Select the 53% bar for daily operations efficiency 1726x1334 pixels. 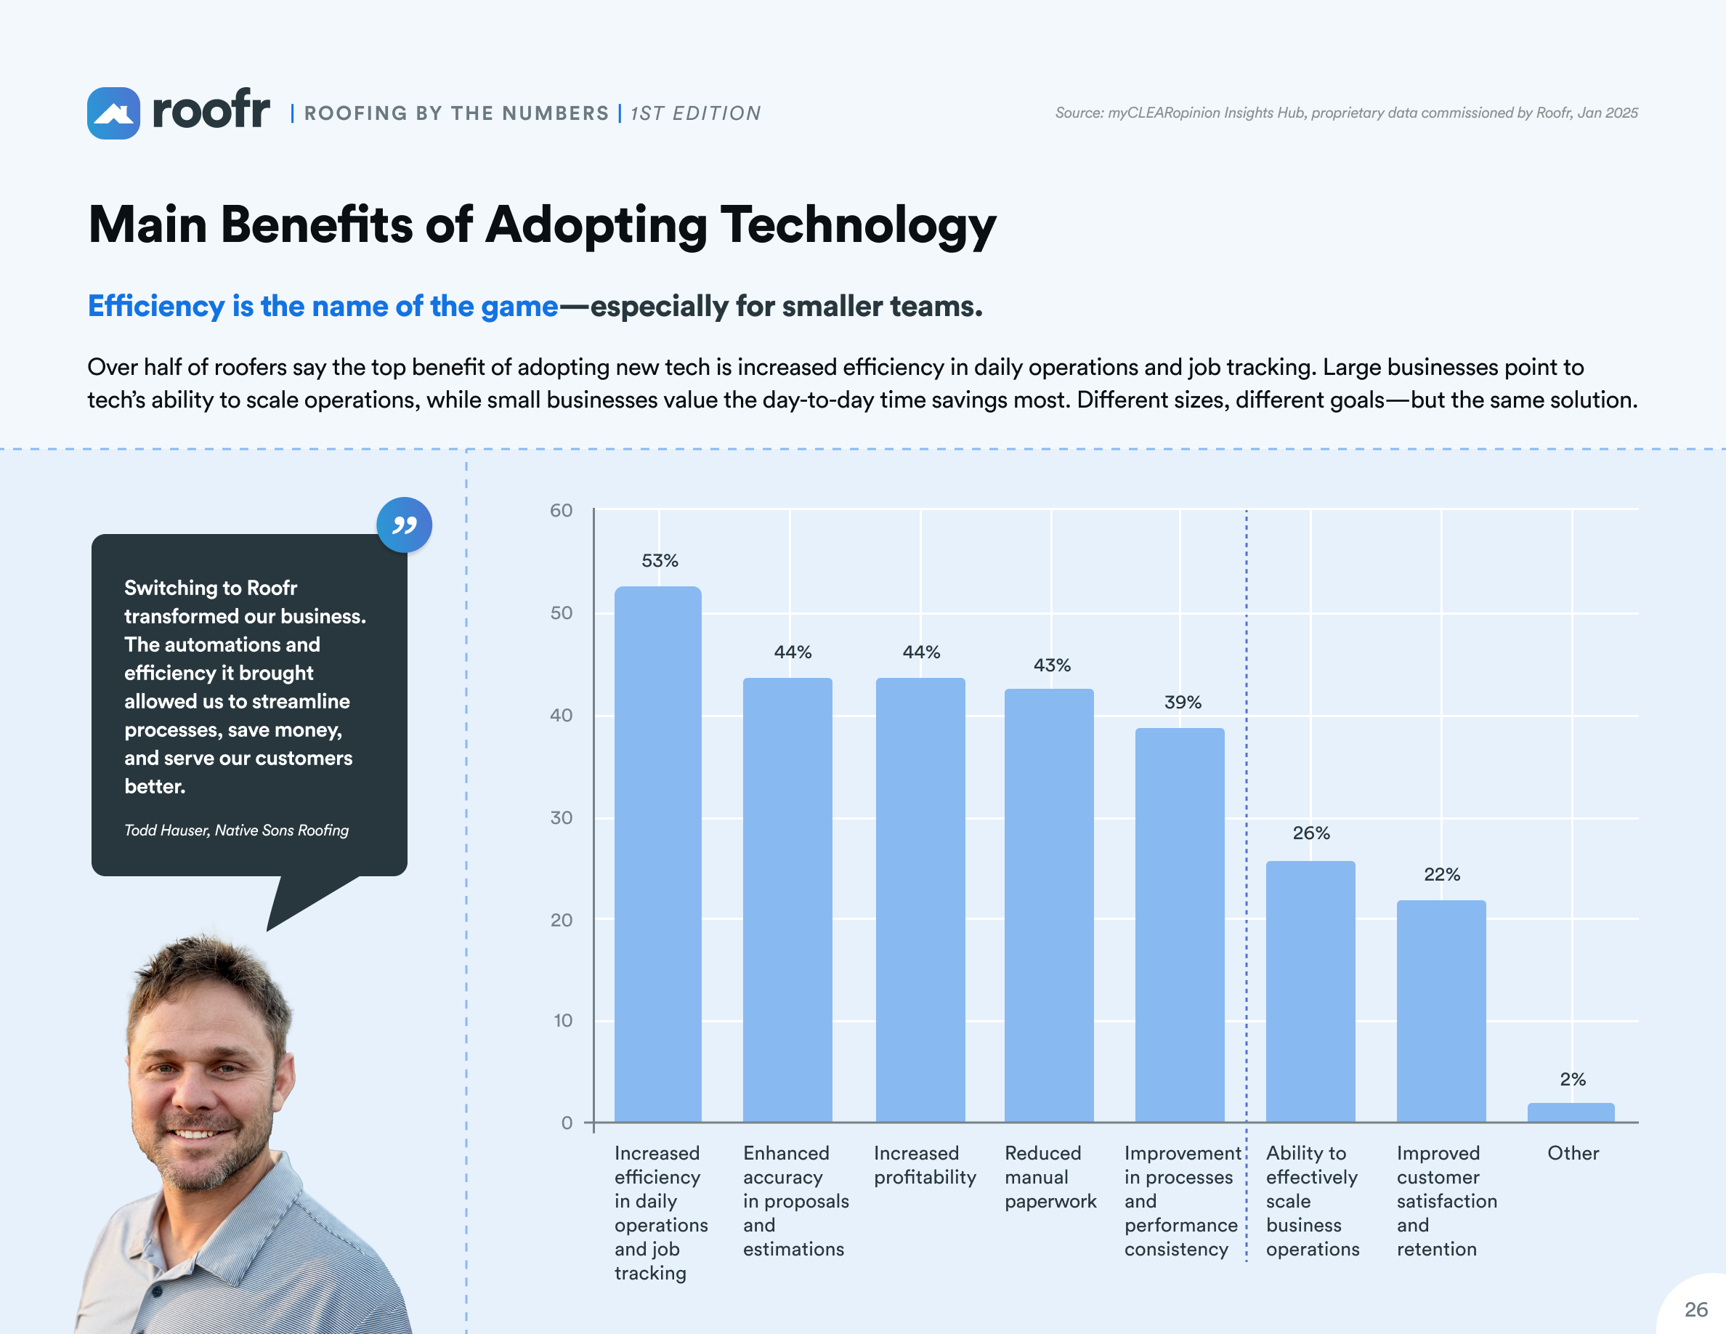[x=657, y=854]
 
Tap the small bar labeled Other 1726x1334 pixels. [x=1571, y=1112]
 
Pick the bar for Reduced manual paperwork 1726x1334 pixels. [x=1049, y=905]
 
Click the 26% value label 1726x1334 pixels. [x=1310, y=833]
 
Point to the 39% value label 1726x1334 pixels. [x=1183, y=702]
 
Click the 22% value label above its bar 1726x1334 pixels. [x=1441, y=874]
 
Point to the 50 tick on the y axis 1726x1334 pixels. [x=561, y=613]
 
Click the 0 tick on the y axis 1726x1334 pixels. [x=567, y=1123]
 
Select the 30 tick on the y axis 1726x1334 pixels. [x=561, y=817]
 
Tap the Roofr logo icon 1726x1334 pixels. [x=114, y=113]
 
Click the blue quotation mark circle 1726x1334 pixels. [x=404, y=525]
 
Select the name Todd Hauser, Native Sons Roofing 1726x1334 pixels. [x=236, y=830]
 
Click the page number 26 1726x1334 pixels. [x=1696, y=1309]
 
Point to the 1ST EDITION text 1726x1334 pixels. [x=695, y=114]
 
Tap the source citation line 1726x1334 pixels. [x=1346, y=113]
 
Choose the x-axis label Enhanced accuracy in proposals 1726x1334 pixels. [x=795, y=1200]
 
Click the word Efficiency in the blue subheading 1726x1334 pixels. [x=155, y=306]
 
